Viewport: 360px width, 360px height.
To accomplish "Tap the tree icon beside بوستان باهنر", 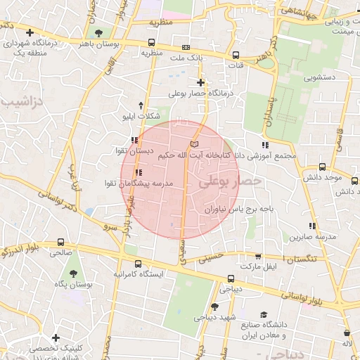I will (x=97, y=32).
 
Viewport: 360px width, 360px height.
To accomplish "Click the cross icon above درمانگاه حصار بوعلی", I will (x=200, y=82).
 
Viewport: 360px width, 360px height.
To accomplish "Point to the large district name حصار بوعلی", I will (x=229, y=181).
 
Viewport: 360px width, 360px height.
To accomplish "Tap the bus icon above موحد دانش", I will (x=322, y=167).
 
